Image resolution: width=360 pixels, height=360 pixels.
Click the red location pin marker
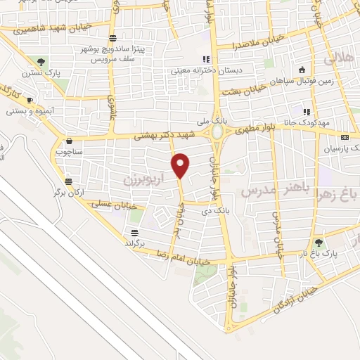click(181, 165)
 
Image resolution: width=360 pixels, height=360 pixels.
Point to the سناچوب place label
click(68, 150)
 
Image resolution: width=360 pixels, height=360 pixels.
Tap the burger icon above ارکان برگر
click(67, 179)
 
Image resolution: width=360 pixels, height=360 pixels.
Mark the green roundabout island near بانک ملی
click(217, 131)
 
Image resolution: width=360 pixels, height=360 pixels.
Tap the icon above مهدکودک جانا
click(306, 111)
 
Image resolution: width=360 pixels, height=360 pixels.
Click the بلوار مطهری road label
click(254, 129)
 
